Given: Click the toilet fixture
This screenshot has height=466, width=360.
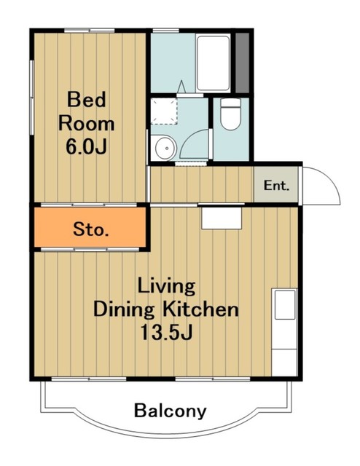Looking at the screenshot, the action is (x=230, y=114).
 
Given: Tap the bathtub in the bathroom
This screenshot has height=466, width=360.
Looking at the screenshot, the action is (x=214, y=63).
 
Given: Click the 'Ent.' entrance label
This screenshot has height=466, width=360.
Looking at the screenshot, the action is (x=276, y=186).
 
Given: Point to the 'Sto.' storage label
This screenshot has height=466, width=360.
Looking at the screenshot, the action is (x=91, y=229).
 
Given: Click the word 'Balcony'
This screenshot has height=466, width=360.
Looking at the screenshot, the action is (x=171, y=411).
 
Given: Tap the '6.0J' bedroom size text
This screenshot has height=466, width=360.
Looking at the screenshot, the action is (x=86, y=146).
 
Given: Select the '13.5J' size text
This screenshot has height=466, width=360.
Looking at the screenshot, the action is (x=167, y=332).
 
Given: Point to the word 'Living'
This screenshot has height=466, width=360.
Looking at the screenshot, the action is (x=166, y=286).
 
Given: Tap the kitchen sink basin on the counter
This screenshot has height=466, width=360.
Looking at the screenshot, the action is (x=285, y=305).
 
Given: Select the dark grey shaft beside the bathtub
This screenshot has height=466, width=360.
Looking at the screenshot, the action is (x=243, y=63).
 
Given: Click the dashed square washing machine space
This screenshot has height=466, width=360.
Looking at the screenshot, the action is (x=164, y=111).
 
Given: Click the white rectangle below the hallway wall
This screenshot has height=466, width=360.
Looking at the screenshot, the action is (x=222, y=218).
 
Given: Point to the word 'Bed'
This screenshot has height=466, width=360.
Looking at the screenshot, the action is (x=86, y=100).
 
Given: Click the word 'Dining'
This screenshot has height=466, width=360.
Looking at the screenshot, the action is (x=124, y=310).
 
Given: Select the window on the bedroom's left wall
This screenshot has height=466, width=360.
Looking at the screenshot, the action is (x=31, y=97).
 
